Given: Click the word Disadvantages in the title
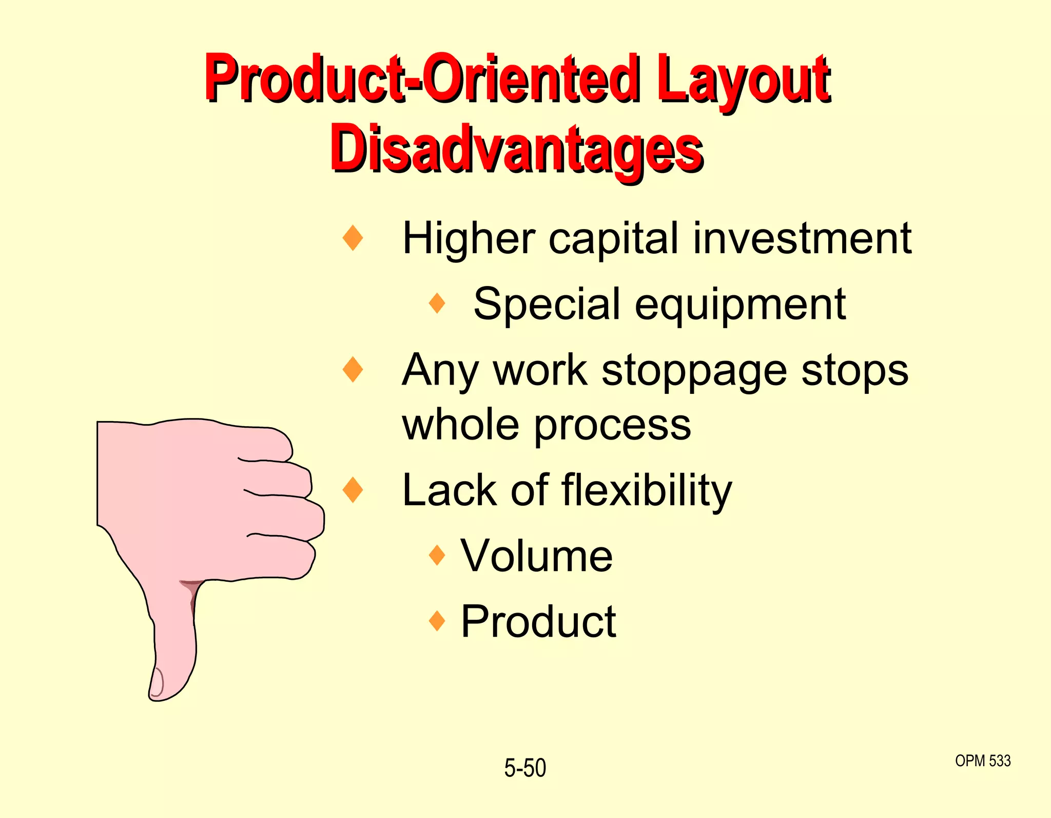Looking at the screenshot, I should tap(517, 149).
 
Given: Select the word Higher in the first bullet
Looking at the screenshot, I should tap(469, 239).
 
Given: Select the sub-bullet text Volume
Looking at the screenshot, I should tap(536, 556).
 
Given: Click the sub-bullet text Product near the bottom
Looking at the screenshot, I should tap(538, 622).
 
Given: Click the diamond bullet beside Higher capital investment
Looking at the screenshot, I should tap(353, 238).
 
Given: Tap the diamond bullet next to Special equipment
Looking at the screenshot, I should tap(437, 303).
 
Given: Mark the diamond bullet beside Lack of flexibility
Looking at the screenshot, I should tap(353, 489).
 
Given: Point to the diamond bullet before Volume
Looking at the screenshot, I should tap(437, 555).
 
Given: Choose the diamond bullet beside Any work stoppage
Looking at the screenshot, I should tap(353, 370).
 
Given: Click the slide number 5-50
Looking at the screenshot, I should tap(525, 768).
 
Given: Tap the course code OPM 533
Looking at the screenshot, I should tap(983, 760).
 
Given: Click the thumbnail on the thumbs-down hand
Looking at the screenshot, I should tap(157, 683).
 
